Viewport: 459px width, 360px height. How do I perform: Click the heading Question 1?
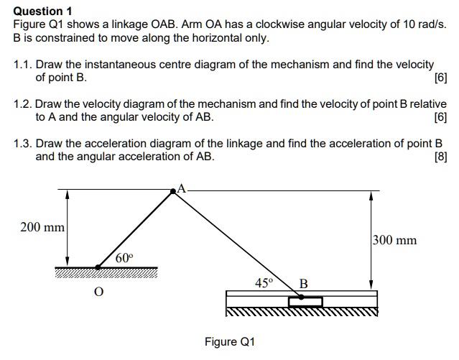[43, 11]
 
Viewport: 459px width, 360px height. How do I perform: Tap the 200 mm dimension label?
[42, 228]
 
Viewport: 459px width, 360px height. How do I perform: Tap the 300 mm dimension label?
[394, 240]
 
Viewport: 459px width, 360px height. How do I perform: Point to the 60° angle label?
[124, 257]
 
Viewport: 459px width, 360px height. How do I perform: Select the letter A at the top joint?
[182, 188]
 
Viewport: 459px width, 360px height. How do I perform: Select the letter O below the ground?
[99, 292]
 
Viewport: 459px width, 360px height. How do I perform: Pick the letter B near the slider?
[303, 283]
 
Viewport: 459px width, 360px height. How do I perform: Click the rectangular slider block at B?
[305, 300]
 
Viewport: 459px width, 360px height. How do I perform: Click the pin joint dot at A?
[173, 191]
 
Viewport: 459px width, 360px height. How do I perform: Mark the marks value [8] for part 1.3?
[440, 156]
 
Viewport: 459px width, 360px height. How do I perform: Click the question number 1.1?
[22, 65]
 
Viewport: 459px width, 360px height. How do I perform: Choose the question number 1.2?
[22, 104]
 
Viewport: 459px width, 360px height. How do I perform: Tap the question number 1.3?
[22, 143]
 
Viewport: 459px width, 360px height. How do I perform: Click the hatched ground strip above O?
[106, 271]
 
